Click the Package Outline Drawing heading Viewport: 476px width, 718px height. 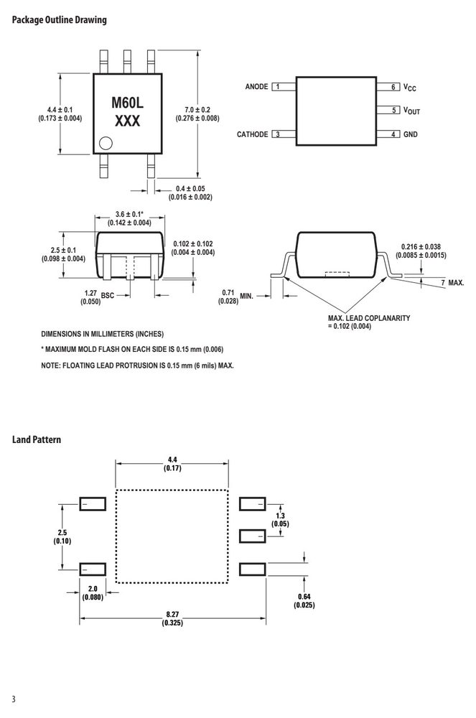59,20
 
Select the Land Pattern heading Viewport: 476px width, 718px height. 36,439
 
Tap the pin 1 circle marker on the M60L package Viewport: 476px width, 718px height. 106,144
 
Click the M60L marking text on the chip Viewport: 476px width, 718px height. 127,103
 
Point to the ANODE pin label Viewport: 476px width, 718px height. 257,87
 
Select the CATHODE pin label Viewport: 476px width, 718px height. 252,134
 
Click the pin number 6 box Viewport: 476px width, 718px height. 393,87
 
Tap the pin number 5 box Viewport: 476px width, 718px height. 393,110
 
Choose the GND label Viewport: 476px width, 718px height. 411,134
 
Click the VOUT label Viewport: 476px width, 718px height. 411,111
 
